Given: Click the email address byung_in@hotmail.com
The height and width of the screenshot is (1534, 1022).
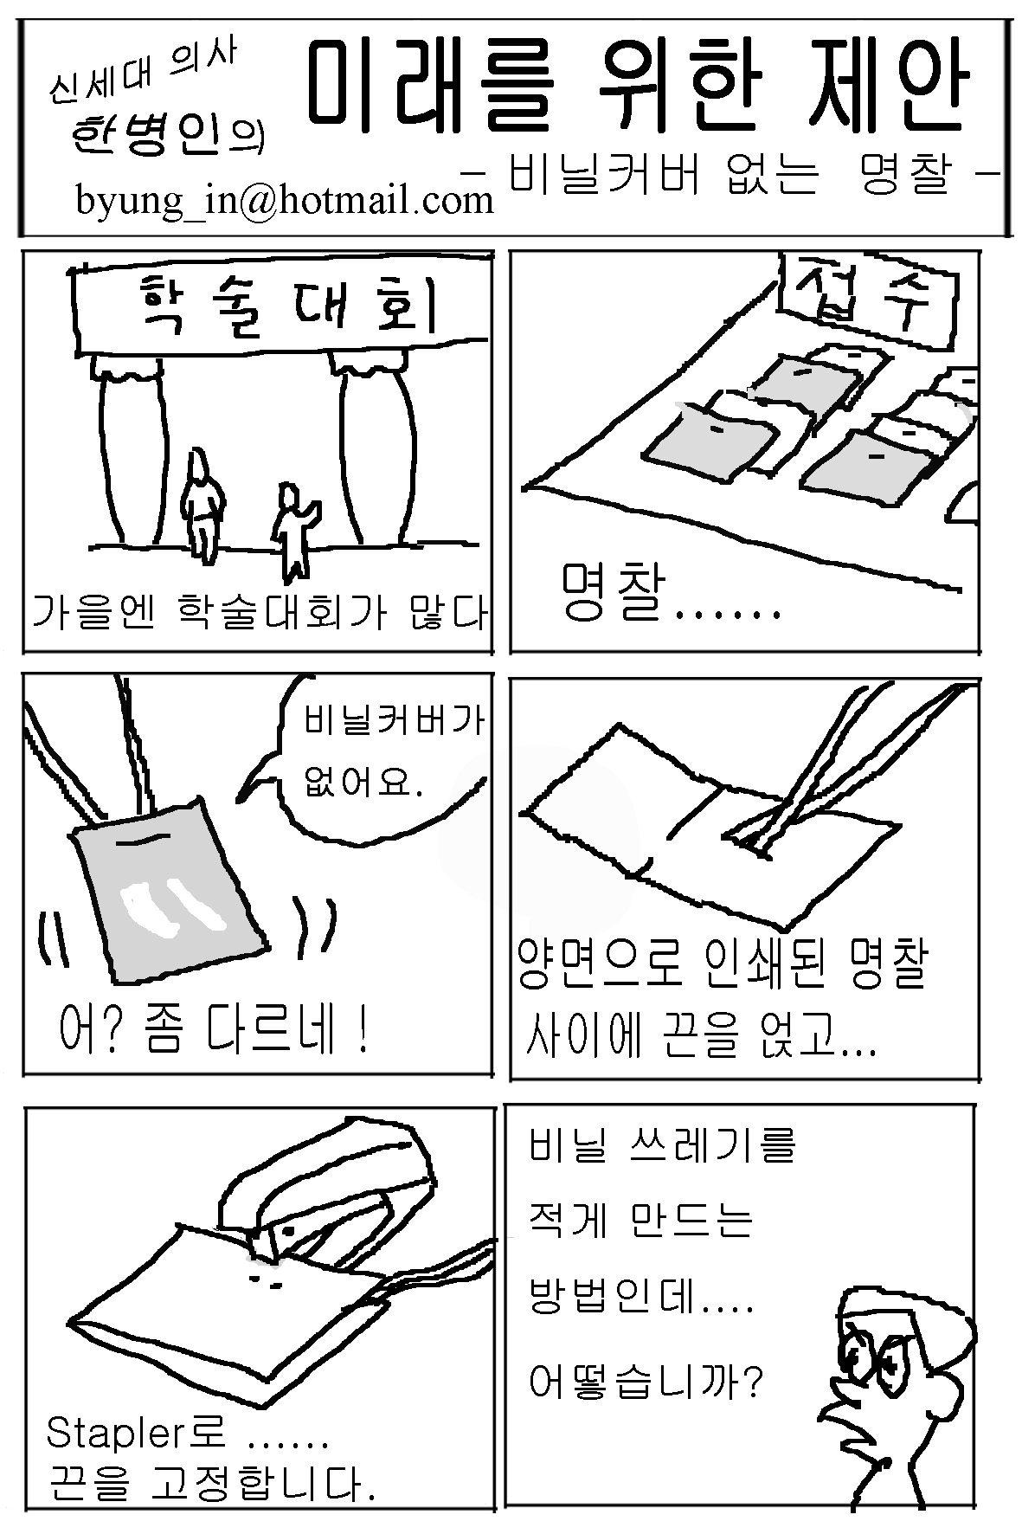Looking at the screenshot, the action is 285,202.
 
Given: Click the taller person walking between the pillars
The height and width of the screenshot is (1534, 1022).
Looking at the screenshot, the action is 202,503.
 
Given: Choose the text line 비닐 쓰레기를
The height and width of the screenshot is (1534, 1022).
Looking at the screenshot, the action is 662,1145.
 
